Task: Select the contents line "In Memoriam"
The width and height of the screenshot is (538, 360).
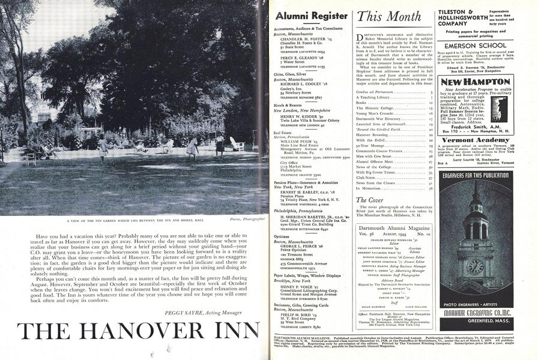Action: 369,188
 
